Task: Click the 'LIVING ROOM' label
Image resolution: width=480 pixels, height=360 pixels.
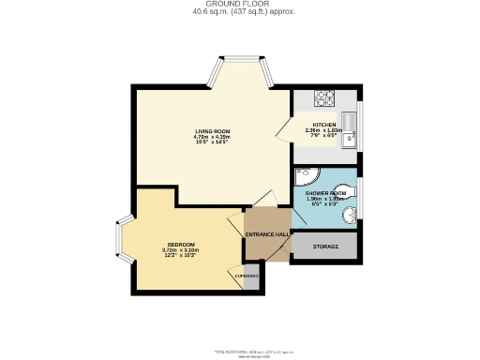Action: pyautogui.click(x=213, y=130)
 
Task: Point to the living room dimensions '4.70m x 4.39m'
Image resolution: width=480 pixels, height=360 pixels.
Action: pyautogui.click(x=213, y=137)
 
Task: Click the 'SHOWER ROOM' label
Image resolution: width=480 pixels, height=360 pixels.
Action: pyautogui.click(x=325, y=193)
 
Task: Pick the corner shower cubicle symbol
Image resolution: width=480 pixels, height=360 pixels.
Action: pyautogui.click(x=306, y=178)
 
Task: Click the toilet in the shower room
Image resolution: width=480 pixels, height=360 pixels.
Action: pyautogui.click(x=355, y=187)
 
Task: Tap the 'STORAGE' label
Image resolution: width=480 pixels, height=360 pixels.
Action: pyautogui.click(x=323, y=247)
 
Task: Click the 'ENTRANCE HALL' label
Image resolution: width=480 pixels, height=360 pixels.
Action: pyautogui.click(x=265, y=234)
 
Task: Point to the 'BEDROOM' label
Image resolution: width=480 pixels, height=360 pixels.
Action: pyautogui.click(x=180, y=245)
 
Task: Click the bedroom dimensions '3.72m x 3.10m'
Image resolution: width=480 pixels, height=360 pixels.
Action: pyautogui.click(x=180, y=251)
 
